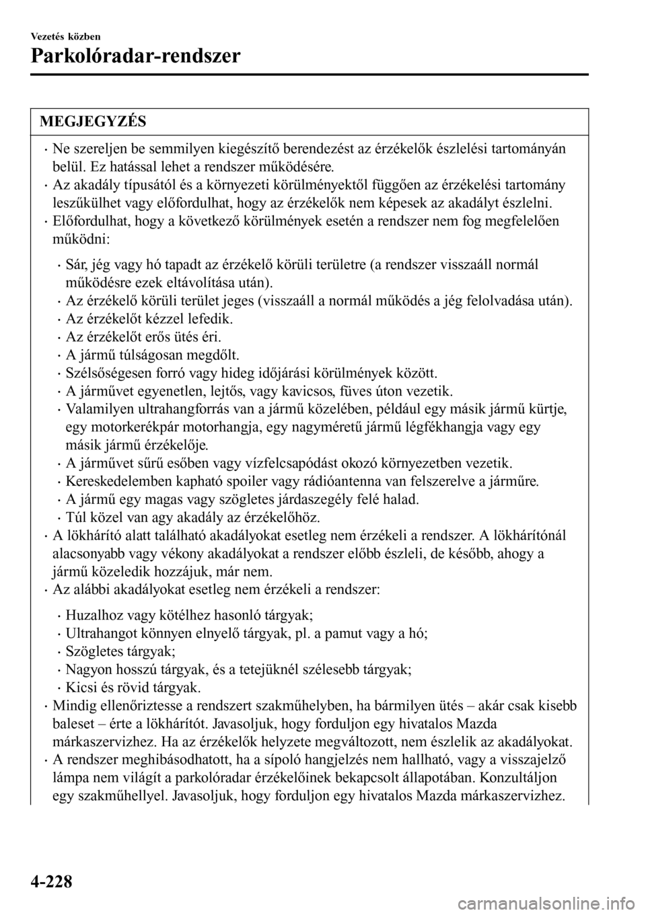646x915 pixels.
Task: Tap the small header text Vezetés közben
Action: tap(64, 35)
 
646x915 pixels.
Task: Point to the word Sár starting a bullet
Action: tap(76, 265)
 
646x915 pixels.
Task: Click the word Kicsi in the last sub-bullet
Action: tap(80, 688)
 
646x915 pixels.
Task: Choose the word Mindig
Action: tap(71, 706)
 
